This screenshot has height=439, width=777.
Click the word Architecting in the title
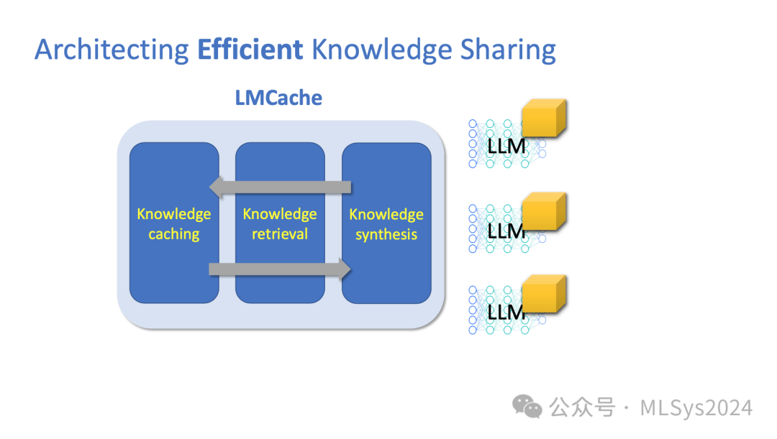pos(112,50)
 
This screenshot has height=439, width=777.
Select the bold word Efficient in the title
pos(250,50)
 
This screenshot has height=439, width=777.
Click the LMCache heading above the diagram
pos(278,97)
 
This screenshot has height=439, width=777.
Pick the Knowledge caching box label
pos(174,224)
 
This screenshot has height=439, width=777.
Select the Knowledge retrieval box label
pos(280,224)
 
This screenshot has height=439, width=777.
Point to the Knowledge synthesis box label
pos(386,224)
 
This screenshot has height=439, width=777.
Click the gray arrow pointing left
pos(280,188)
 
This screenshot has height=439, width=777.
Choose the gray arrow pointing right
pos(280,269)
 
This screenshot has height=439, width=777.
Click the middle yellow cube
pos(544,211)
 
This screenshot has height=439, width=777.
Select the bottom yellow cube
pos(544,293)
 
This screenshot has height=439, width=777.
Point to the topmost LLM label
pos(506,147)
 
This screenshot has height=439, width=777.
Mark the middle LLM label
pos(506,231)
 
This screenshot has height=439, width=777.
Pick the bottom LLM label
pos(506,313)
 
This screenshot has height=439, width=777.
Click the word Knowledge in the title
pos(381,50)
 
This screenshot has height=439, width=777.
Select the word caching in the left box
pos(174,234)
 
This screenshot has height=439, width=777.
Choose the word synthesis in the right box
pos(386,234)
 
